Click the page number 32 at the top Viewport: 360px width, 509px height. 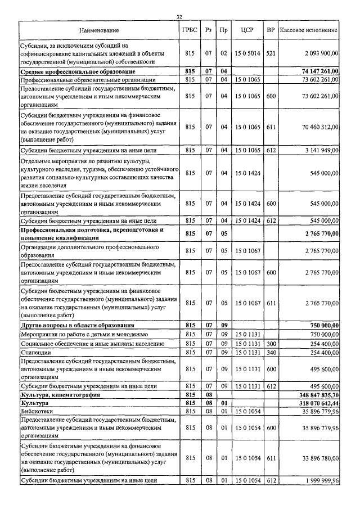(179, 17)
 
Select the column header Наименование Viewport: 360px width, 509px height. (99, 29)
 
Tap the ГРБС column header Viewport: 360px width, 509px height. (190, 29)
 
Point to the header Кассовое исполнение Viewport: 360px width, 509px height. (309, 29)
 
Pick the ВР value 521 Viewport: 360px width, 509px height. (271, 53)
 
